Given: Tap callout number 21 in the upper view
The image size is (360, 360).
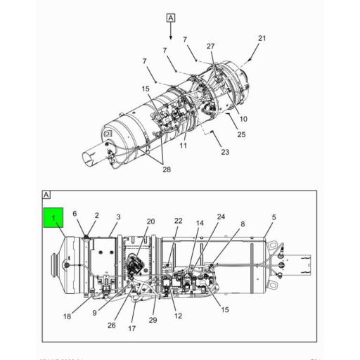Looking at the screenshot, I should (262, 38).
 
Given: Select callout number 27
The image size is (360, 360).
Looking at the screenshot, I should (211, 46).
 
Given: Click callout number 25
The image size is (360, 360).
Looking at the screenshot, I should (241, 134).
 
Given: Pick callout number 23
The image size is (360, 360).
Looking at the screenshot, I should (225, 152).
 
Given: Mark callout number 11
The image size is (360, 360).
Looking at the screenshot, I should (183, 146).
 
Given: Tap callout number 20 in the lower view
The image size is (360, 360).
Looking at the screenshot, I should (150, 221).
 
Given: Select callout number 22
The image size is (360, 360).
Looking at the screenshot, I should (178, 221).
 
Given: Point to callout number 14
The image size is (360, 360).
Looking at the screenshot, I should (200, 223).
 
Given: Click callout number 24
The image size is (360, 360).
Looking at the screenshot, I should (221, 217).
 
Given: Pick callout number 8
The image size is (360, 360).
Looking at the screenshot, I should (243, 224).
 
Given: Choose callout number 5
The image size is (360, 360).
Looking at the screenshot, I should (274, 217).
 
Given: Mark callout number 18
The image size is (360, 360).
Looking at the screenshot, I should (67, 316).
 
